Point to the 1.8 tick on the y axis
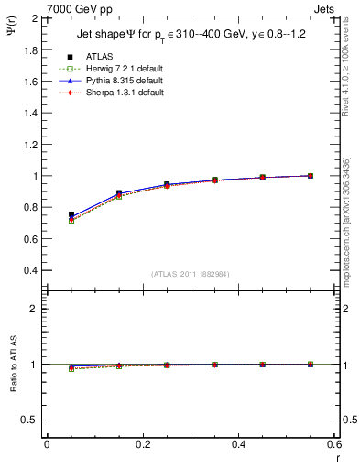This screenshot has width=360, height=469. (31, 49)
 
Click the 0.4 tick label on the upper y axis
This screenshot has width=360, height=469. (31, 271)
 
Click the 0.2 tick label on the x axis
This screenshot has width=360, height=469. (143, 444)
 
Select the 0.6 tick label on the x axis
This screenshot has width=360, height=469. (334, 444)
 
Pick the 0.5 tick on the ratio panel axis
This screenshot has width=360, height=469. (31, 420)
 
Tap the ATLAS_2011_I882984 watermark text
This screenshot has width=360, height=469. (191, 274)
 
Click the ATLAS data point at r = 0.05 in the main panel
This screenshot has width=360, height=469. (71, 214)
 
